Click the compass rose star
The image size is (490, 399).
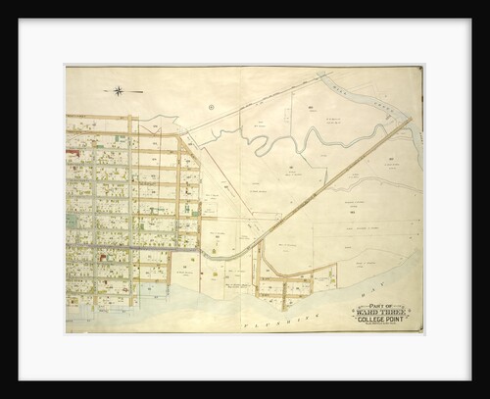tap(118, 91)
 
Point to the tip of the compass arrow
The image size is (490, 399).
tap(142, 91)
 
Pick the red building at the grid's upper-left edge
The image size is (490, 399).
tap(72, 152)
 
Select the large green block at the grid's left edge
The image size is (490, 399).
tap(72, 221)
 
